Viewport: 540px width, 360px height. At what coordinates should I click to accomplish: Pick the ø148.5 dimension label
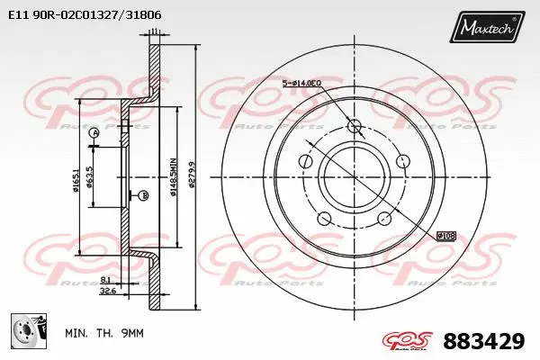coord(171,172)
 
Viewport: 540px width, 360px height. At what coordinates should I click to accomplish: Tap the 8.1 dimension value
coord(107,280)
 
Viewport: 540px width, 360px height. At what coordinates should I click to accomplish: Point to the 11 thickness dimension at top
coord(154,32)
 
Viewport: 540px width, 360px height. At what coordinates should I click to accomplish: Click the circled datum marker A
coord(93,133)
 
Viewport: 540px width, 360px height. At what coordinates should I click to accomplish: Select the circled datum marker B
coord(144,195)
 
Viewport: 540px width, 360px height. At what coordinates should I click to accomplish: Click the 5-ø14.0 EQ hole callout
coord(303,83)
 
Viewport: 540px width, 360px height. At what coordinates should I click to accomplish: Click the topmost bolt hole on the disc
coord(353,125)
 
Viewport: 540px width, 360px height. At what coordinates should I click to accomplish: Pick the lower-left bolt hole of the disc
coord(324,217)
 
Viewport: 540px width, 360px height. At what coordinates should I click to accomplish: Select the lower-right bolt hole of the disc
coord(384,217)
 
